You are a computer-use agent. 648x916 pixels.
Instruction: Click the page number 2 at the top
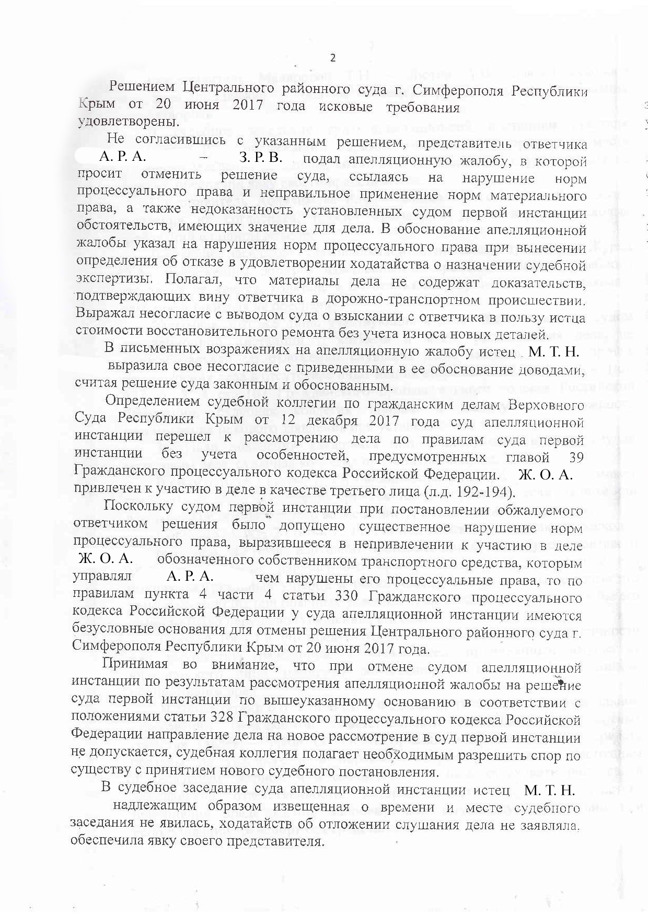(332, 58)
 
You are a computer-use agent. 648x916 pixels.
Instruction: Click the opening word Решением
(138, 89)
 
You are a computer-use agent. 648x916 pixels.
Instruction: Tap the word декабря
(323, 420)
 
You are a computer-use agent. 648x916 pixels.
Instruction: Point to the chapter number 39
(575, 457)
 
